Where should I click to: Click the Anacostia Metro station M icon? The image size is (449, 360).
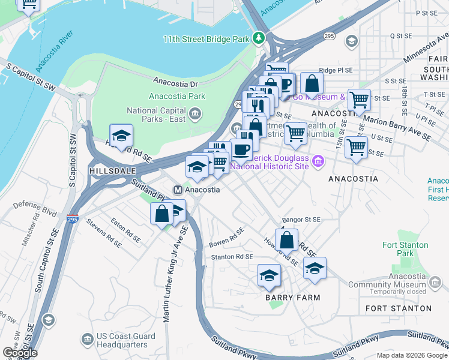tap(178, 190)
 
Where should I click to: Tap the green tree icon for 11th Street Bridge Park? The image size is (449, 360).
tap(259, 38)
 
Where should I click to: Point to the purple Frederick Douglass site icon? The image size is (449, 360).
tap(318, 161)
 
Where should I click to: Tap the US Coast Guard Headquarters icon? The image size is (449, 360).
tap(88, 340)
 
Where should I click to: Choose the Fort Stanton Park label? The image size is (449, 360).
tap(406, 249)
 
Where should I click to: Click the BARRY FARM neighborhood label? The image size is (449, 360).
tap(292, 298)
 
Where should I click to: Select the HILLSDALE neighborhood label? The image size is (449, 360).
tap(109, 171)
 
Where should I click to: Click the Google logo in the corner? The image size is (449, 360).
tap(19, 353)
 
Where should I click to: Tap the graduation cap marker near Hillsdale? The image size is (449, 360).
tap(121, 136)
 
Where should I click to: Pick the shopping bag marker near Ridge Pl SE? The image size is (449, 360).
tap(311, 83)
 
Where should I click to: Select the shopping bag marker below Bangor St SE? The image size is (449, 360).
tap(288, 240)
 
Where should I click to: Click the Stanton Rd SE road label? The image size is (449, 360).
tap(232, 257)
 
